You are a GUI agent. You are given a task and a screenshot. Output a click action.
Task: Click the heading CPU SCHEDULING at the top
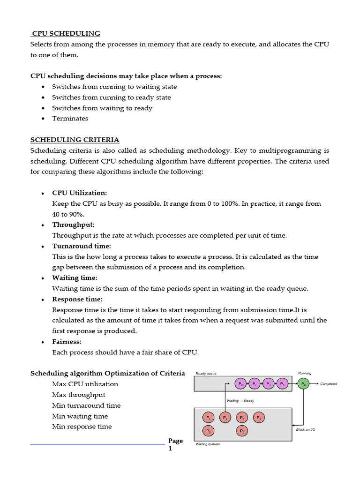pyautogui.click(x=66, y=33)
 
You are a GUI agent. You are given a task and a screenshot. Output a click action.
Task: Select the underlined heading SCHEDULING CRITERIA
pyautogui.click(x=75, y=140)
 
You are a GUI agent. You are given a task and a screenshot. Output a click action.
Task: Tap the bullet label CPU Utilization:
pyautogui.click(x=79, y=193)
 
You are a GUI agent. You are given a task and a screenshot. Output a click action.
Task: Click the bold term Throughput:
pyautogui.click(x=73, y=225)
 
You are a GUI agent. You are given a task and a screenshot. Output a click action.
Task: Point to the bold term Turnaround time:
pyautogui.click(x=81, y=246)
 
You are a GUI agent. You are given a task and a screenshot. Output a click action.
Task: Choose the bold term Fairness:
pyautogui.click(x=67, y=342)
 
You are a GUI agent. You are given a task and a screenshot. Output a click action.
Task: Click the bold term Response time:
pyautogui.click(x=77, y=299)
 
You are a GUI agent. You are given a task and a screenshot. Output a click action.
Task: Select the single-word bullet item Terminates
pyautogui.click(x=70, y=119)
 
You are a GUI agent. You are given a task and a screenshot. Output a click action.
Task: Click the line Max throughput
pyautogui.click(x=78, y=395)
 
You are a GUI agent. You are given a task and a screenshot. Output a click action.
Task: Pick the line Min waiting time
pyautogui.click(x=80, y=416)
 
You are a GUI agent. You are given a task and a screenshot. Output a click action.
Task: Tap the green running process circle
pyautogui.click(x=304, y=383)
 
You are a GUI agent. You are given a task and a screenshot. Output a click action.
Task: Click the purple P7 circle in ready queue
pyautogui.click(x=255, y=383)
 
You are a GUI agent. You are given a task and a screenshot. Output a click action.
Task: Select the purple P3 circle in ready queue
pyautogui.click(x=269, y=383)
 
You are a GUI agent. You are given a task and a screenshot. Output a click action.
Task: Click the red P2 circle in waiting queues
pyautogui.click(x=242, y=430)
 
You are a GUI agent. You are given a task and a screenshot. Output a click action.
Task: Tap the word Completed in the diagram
pyautogui.click(x=328, y=383)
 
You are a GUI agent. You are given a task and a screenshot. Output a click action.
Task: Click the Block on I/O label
pyautogui.click(x=305, y=429)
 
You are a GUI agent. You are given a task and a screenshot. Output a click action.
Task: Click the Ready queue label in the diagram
pyautogui.click(x=206, y=374)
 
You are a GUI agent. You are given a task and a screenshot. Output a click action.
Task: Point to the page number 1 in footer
pyautogui.click(x=171, y=449)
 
